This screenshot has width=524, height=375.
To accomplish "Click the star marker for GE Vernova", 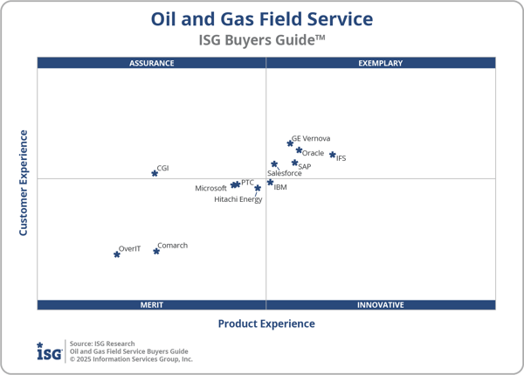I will pos(290,143).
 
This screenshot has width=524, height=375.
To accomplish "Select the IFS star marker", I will pos(333,155).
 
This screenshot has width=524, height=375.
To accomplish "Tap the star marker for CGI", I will pos(155,173).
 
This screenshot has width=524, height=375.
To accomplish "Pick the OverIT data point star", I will pos(117,254).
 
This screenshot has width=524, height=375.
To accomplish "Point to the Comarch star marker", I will pos(156,251).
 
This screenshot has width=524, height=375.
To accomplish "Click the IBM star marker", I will pos(270,183).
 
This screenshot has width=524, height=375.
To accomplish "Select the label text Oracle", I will pos(313,154).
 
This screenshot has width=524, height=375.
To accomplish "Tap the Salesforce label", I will pos(285,173).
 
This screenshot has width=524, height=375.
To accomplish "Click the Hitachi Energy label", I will pos(238,199).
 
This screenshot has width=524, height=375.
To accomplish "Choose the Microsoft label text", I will pos(210,189).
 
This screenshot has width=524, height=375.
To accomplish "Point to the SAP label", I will pos(304,166).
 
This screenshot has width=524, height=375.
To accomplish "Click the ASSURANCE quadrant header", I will pos(152,63).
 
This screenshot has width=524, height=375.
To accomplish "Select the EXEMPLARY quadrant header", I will pos(381,63).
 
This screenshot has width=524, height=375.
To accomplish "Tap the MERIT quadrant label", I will pos(152,305).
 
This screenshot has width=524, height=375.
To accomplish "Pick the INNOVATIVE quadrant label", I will pos(381,305).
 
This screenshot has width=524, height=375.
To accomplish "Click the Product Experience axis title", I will pos(266,323).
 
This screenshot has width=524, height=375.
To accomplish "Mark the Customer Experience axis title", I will pos(24,183).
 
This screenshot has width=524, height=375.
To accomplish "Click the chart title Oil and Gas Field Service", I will pos(262,18).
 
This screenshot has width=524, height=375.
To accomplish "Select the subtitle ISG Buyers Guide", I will pos(262,39).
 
